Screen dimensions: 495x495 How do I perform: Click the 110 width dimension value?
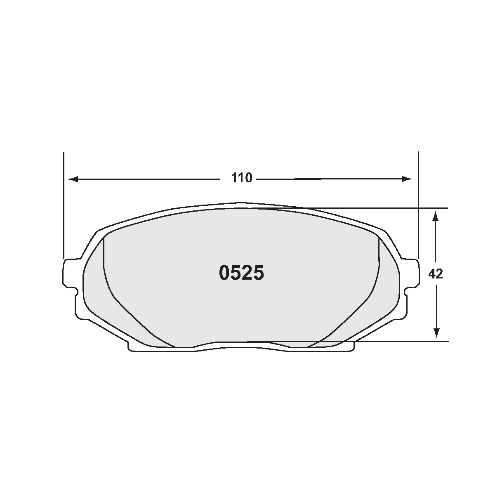click(x=241, y=178)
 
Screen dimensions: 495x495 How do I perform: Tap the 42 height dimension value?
click(x=436, y=273)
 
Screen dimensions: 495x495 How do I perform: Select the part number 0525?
click(x=241, y=273)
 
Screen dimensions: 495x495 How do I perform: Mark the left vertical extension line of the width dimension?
click(x=64, y=206)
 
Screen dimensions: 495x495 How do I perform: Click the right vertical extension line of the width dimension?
click(x=418, y=206)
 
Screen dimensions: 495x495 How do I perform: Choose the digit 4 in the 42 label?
click(x=432, y=273)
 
